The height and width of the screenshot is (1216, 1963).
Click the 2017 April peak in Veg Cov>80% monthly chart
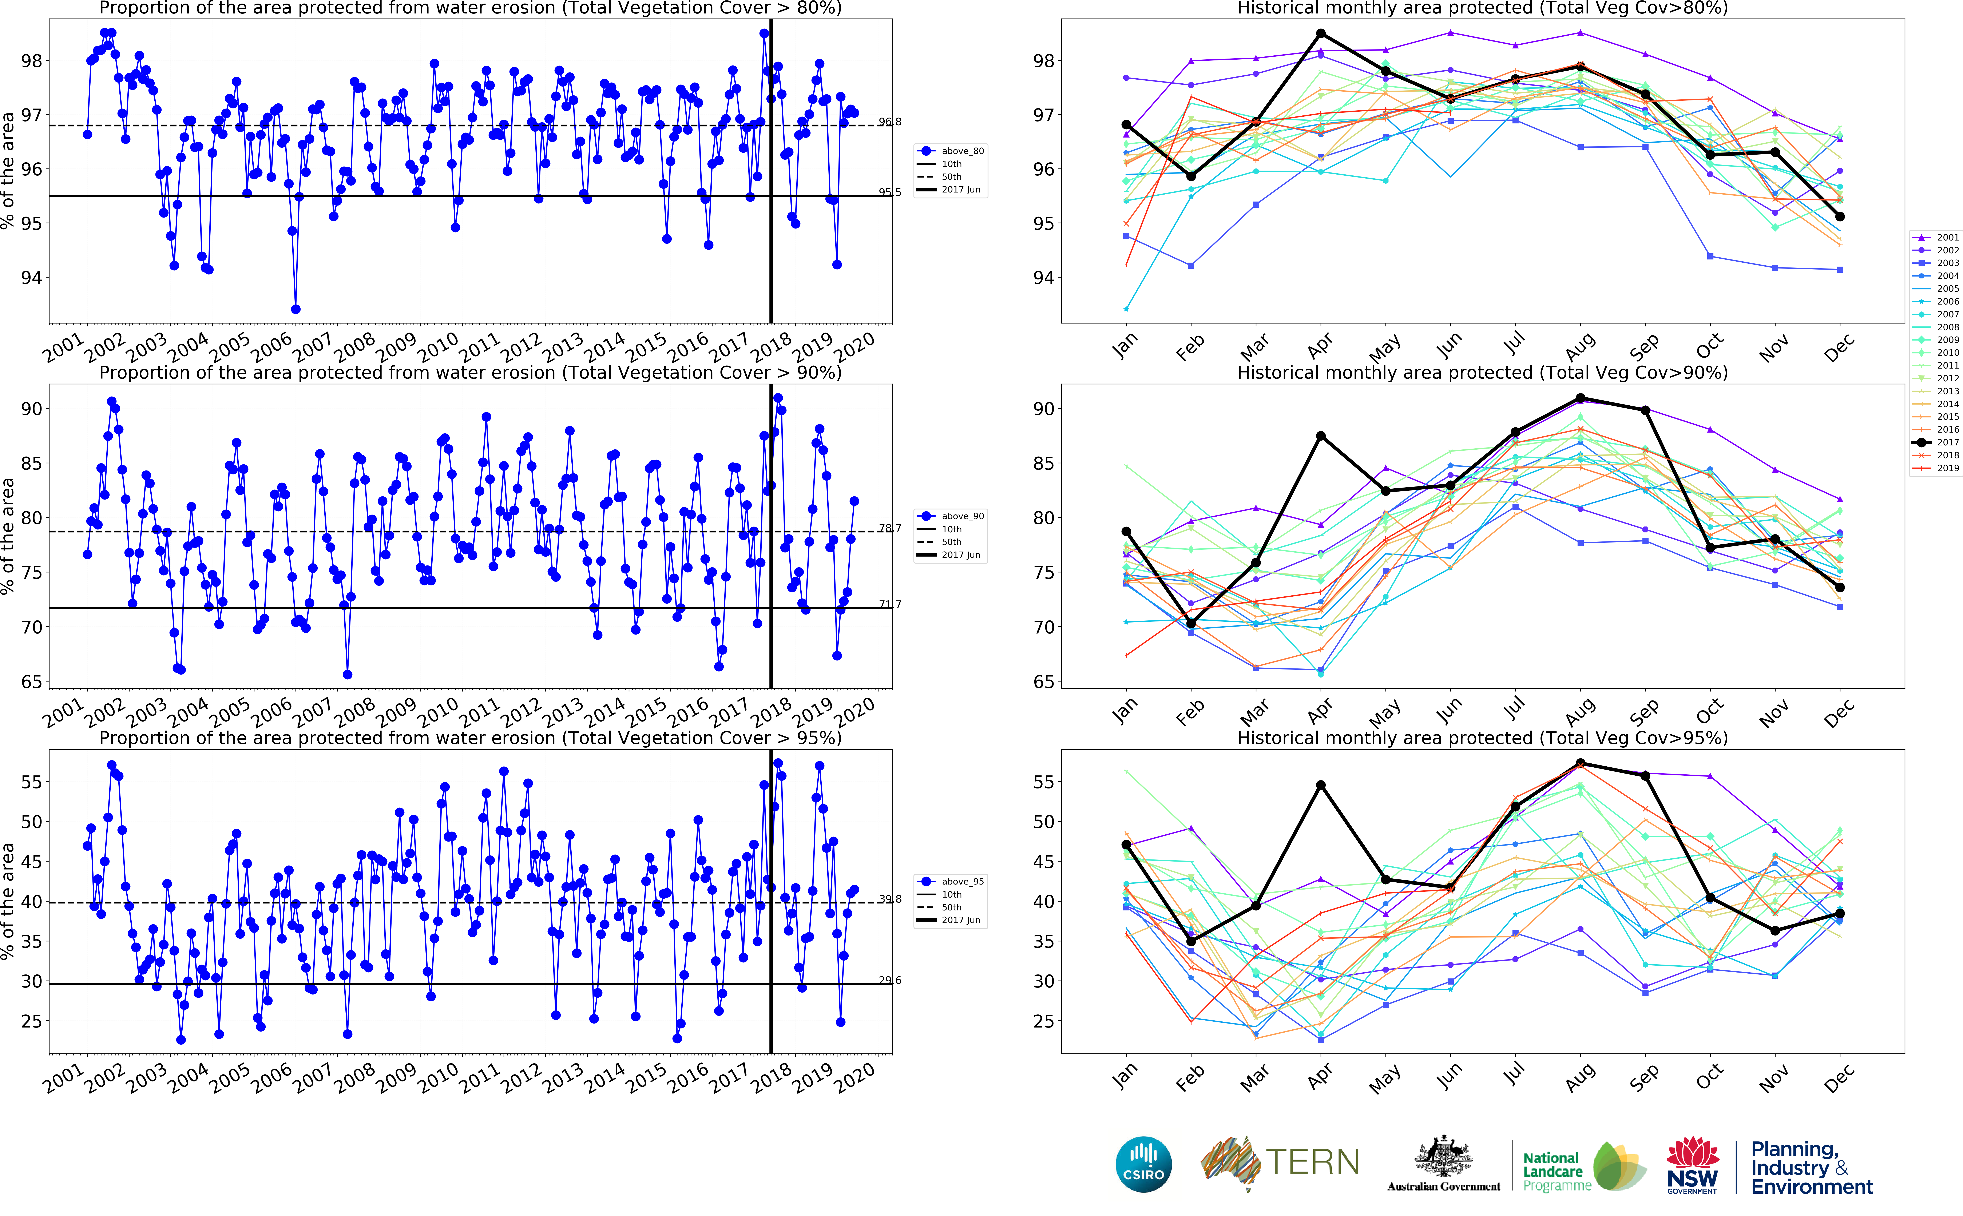pos(1320,34)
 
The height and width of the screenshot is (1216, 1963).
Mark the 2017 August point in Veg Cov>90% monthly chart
pos(1580,398)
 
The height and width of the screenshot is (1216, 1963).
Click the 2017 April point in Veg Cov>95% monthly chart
pos(1320,785)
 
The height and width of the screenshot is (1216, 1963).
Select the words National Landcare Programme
pos(1556,1171)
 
